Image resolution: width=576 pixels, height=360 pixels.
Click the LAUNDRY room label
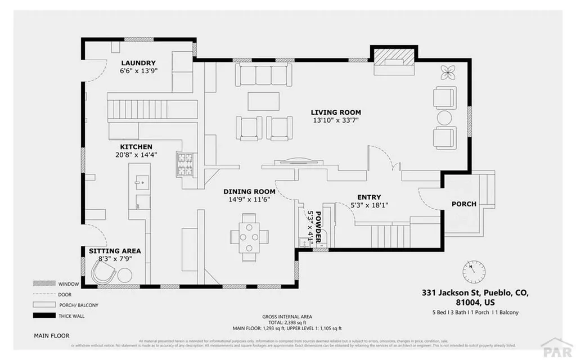point(138,62)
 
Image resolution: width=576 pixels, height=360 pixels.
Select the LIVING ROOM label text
point(336,112)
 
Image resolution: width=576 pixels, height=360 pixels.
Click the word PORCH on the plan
point(464,204)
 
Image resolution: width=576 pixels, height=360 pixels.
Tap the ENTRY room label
point(369,197)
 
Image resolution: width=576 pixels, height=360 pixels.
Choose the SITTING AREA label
point(115,251)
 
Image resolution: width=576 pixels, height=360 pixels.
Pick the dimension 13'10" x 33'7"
point(336,120)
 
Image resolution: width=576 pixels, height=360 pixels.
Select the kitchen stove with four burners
point(186,164)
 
